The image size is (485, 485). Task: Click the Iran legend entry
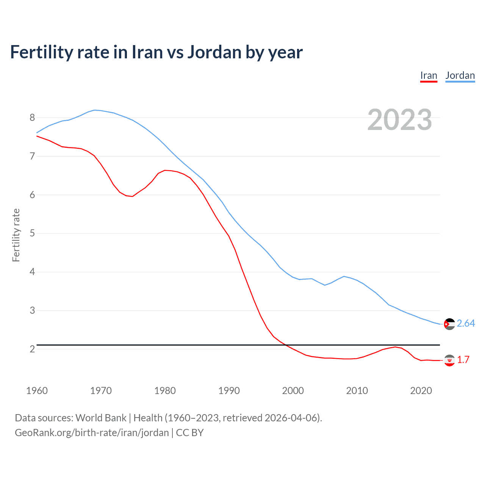(429, 75)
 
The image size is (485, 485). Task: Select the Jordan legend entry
(460, 75)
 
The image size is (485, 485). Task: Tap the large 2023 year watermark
(399, 120)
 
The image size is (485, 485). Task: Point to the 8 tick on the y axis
(32, 117)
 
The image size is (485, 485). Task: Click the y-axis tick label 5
(32, 233)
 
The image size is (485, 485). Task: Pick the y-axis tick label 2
(32, 349)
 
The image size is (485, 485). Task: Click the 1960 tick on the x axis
(37, 391)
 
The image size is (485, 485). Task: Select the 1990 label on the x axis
(229, 391)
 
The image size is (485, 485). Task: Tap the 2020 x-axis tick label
(421, 391)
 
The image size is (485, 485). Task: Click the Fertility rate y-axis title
(16, 235)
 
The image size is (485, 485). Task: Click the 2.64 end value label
(466, 323)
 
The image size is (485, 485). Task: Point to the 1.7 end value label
(463, 360)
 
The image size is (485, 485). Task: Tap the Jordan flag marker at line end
(449, 324)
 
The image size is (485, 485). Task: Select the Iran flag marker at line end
(449, 360)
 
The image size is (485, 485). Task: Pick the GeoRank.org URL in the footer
(92, 432)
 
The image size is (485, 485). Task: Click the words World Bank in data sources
(101, 418)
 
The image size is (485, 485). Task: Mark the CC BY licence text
(190, 432)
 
